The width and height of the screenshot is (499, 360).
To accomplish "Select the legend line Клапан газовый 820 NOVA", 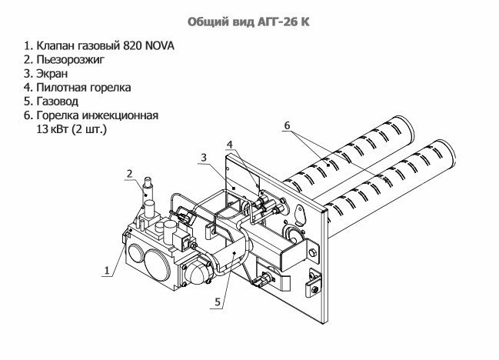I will tap(98, 46).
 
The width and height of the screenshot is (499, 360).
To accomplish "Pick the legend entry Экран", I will tap(51, 74).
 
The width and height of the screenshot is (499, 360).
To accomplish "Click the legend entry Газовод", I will tap(55, 102).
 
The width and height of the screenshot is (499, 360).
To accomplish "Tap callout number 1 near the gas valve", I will tap(106, 269).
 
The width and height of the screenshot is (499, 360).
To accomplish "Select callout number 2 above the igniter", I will tap(130, 173).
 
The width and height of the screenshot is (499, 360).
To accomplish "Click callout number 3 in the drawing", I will tap(202, 157).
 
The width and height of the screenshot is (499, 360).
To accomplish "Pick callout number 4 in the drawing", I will tap(228, 143).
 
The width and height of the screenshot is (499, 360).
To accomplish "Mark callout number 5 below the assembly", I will tap(218, 302).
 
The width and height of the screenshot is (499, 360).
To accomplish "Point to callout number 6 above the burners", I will tap(286, 125).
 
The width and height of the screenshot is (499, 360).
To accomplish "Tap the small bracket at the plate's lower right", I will tap(311, 288).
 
